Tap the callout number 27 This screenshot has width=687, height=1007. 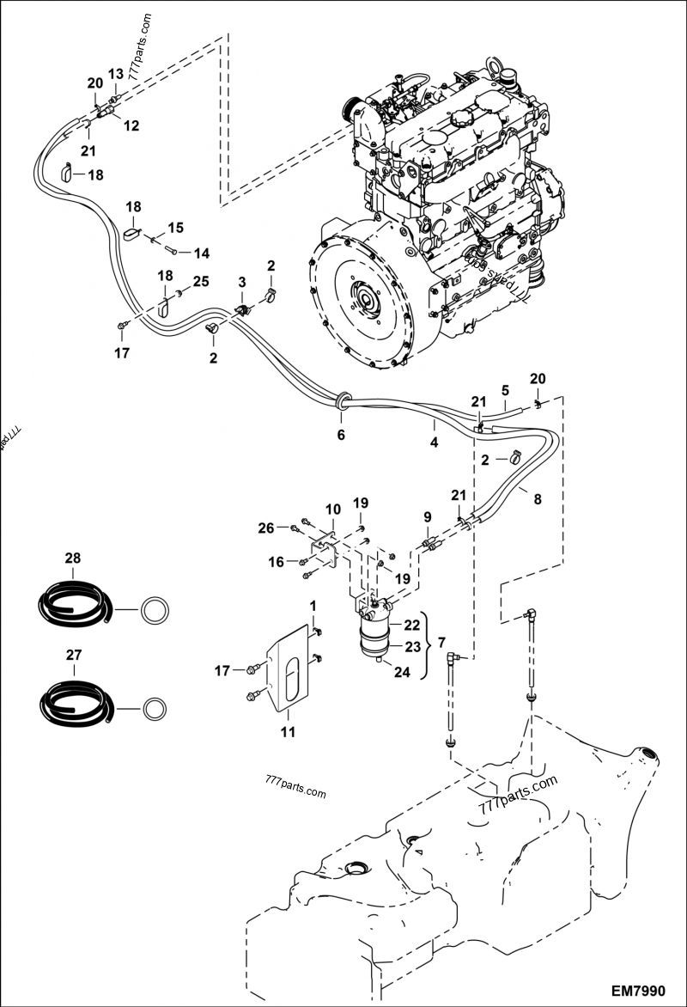[73, 655]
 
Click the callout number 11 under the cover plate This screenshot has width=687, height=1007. [288, 731]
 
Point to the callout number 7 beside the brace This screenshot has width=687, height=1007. [441, 642]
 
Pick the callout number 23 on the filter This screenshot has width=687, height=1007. [411, 647]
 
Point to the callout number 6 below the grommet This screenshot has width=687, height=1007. [341, 436]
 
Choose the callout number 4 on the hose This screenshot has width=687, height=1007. [435, 443]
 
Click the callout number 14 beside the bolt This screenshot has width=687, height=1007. [201, 253]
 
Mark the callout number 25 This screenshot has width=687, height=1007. [200, 281]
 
